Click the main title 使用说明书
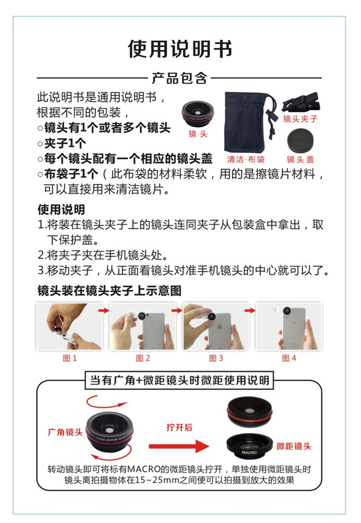(180, 49)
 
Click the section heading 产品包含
(180, 78)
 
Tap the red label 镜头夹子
(300, 119)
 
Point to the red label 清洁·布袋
(246, 159)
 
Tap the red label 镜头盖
(300, 159)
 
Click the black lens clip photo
(301, 102)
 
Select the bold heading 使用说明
(62, 209)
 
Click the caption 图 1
(70, 358)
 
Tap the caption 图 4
(289, 358)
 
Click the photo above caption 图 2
(143, 326)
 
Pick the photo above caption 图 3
(216, 326)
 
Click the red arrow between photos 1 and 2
(104, 310)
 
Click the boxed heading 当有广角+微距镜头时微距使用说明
(180, 380)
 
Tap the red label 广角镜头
(65, 432)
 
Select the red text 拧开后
(180, 427)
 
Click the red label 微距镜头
(294, 446)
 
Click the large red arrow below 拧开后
(179, 446)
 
